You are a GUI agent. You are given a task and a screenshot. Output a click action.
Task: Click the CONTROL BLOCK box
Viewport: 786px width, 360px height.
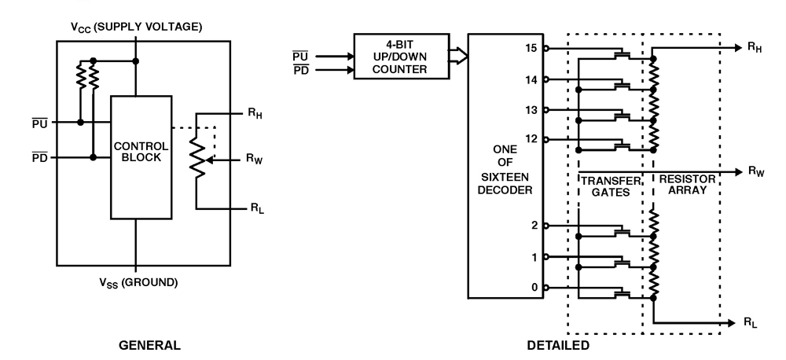coord(141,156)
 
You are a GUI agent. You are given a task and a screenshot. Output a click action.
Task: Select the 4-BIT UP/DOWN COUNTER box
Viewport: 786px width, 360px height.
coord(401,56)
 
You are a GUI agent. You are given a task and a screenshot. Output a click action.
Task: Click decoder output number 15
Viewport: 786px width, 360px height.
coord(534,48)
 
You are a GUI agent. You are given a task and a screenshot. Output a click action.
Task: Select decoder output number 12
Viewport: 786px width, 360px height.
coord(534,139)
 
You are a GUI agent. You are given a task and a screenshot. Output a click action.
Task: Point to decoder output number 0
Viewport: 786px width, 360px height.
coord(535,288)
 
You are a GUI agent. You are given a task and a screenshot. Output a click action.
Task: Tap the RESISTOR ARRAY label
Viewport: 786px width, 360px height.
coord(689,186)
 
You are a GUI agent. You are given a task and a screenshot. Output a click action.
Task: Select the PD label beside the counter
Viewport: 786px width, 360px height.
coord(300,71)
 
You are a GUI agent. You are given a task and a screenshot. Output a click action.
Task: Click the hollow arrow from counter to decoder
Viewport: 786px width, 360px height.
coord(458,56)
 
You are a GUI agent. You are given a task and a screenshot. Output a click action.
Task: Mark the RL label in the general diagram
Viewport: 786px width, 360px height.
coord(256,210)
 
